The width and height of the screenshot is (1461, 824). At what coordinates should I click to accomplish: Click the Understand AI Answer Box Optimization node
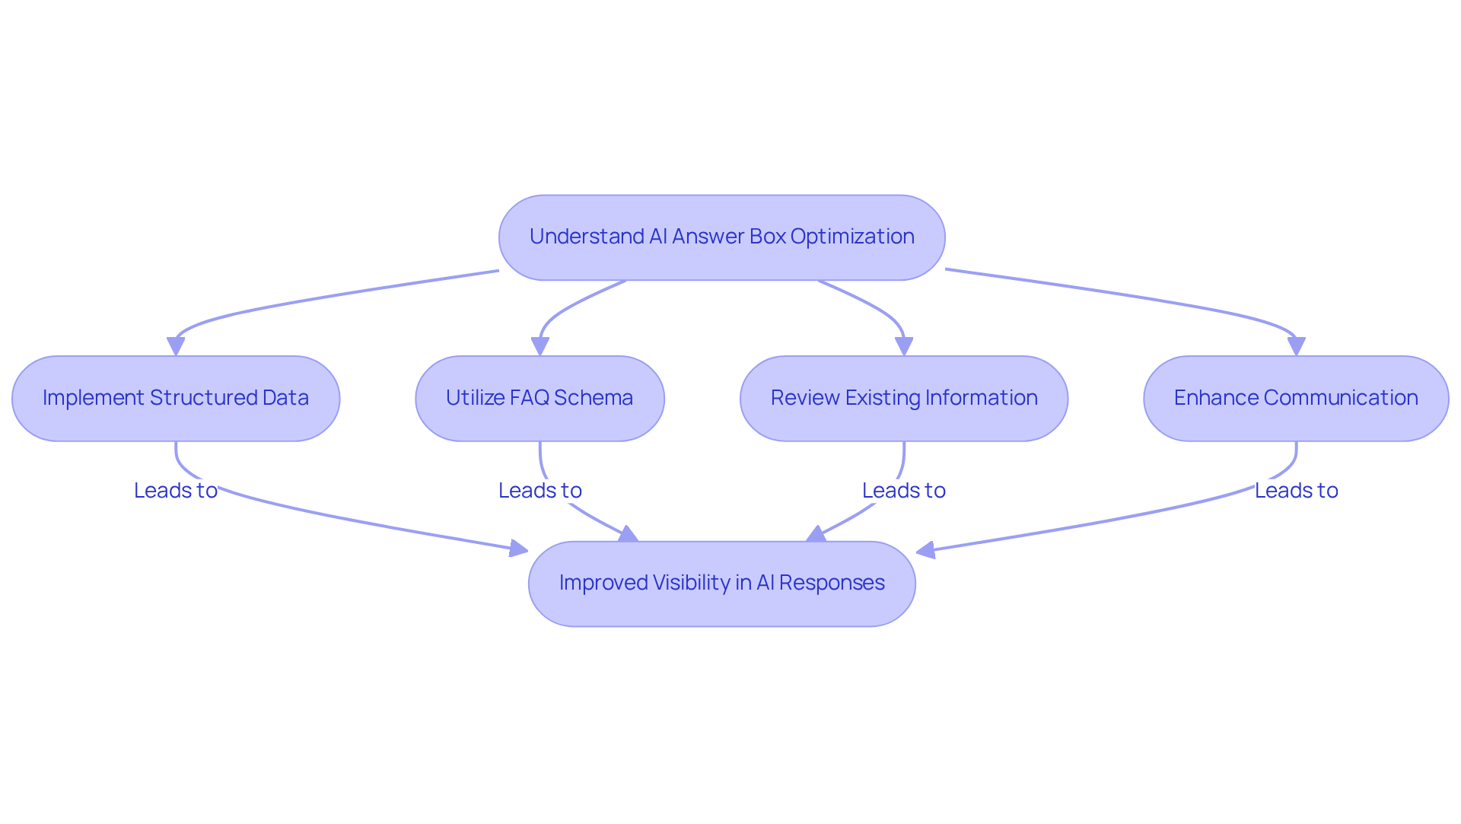coord(721,237)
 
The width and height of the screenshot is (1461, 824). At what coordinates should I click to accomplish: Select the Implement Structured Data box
coord(176,398)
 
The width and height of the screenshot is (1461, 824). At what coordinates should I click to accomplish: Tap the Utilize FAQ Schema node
coord(540,398)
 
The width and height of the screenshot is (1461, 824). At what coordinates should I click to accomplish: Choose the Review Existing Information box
coord(904,398)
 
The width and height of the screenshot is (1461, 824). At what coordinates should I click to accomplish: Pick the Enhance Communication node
coord(1296,398)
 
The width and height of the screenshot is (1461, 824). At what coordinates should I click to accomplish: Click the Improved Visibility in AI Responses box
coord(721,584)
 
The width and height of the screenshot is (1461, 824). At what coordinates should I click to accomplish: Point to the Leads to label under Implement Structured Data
coord(176,491)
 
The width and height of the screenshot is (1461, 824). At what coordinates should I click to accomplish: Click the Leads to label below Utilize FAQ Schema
coord(540,491)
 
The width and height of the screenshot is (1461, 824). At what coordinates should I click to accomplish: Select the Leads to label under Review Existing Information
coord(904,491)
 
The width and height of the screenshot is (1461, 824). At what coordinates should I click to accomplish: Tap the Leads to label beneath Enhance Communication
coord(1296,491)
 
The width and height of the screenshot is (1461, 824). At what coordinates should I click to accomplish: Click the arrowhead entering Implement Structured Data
coord(176,346)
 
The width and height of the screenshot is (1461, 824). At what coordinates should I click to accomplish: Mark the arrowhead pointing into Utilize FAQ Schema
coord(540,346)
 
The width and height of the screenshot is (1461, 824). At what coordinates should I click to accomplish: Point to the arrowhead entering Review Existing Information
coord(904,346)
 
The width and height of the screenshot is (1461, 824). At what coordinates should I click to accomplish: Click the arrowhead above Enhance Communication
coord(1296,346)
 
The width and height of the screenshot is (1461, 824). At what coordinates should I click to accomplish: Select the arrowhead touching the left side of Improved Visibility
coord(519,548)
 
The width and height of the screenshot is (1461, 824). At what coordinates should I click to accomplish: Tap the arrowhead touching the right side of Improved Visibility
coord(925,550)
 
